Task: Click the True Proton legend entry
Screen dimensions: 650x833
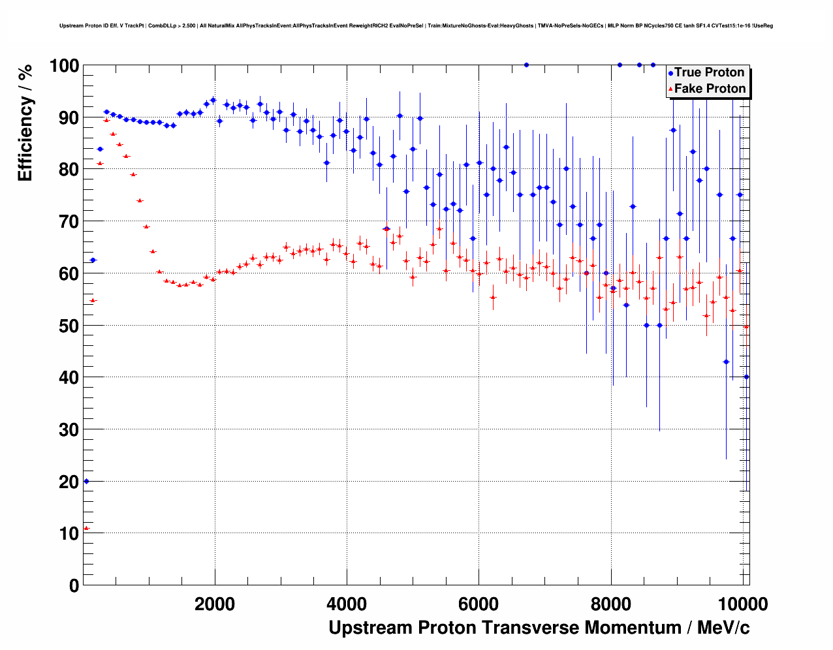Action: tap(709, 72)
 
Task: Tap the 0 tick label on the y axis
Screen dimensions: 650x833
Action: tap(74, 585)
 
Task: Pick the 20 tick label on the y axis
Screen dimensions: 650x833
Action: tap(69, 482)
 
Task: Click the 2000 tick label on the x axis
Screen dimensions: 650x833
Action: tap(215, 604)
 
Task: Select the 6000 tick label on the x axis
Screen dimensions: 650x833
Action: tap(479, 604)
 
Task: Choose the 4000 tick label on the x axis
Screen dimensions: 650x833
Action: tap(347, 604)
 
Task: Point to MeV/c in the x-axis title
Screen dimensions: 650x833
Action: tap(723, 628)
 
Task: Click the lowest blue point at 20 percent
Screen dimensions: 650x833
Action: tap(86, 481)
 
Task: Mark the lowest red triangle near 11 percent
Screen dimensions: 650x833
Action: tap(86, 528)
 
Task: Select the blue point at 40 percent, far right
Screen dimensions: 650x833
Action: tap(746, 377)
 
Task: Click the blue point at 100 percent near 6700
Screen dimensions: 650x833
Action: tap(526, 65)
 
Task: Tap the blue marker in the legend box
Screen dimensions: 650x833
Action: tap(670, 73)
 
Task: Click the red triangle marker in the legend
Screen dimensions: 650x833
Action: tap(670, 89)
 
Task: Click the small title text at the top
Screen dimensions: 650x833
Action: tap(416, 25)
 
